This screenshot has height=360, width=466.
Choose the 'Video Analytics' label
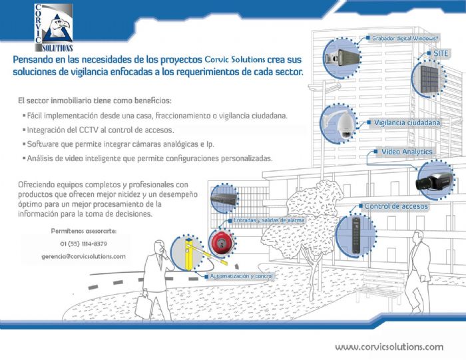click(x=406, y=152)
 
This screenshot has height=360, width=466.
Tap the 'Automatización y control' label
click(x=240, y=275)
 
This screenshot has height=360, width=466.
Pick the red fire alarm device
click(x=220, y=242)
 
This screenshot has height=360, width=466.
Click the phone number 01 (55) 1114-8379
click(x=83, y=244)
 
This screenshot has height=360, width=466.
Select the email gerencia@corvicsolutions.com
click(x=83, y=256)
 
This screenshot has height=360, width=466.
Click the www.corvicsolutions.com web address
click(x=389, y=347)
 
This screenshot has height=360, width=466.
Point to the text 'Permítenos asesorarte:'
click(x=83, y=231)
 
